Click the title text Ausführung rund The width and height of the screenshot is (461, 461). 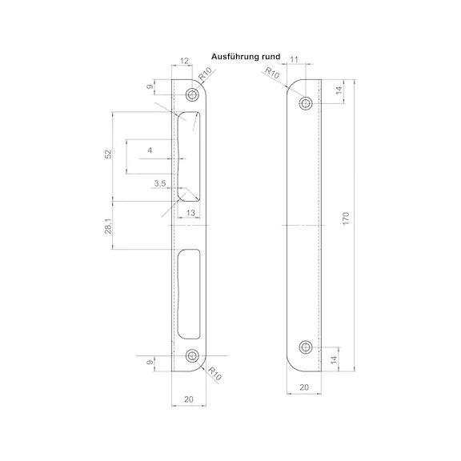click(x=246, y=57)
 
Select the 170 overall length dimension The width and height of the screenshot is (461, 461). click(x=346, y=218)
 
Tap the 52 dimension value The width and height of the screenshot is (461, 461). click(x=109, y=154)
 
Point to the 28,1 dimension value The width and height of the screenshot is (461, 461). click(x=109, y=226)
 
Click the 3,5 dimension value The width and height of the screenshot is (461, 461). click(x=160, y=183)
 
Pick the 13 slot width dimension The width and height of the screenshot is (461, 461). click(x=190, y=213)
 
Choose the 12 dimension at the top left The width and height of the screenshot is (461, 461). click(x=184, y=61)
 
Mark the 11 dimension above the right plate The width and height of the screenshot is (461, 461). click(x=294, y=59)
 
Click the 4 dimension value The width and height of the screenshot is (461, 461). click(x=150, y=150)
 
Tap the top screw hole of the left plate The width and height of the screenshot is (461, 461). click(x=192, y=94)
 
